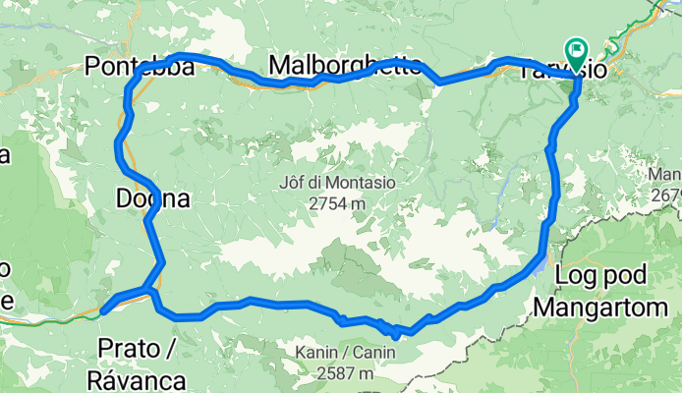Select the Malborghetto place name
pos(346,65)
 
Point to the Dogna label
pos(151,198)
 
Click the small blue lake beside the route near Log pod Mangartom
pos(541,263)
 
